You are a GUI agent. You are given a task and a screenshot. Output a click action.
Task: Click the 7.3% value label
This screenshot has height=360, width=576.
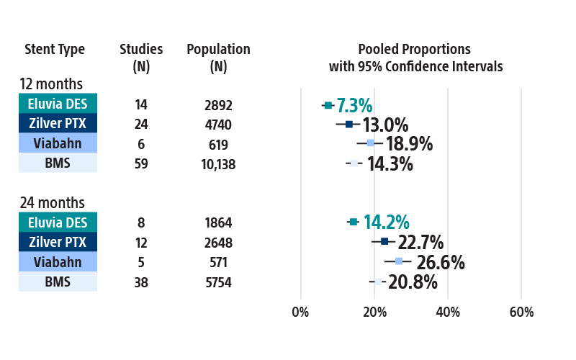coord(354,105)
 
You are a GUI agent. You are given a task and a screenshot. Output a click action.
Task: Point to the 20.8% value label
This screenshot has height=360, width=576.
coord(413,282)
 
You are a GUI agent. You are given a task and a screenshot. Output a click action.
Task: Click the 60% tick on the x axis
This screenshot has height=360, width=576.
coord(521,312)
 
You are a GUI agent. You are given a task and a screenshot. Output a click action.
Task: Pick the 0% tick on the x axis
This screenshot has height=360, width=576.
coord(300,312)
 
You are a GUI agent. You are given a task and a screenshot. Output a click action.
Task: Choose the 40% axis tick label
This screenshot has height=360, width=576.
coord(448,312)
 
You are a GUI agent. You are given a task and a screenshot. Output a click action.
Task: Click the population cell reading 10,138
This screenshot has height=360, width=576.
coord(218,164)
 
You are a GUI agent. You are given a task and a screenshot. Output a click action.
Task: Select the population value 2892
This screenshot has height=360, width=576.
coord(218,105)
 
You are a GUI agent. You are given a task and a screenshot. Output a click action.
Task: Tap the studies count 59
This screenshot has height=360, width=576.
coord(141,164)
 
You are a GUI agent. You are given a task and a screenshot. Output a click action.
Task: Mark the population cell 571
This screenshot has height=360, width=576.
coord(218,262)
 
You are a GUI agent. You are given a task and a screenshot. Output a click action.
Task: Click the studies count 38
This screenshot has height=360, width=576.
coord(141,282)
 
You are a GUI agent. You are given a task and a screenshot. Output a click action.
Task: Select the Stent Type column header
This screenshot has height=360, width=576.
coord(55,50)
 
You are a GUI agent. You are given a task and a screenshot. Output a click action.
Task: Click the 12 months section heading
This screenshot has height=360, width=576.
coord(51,84)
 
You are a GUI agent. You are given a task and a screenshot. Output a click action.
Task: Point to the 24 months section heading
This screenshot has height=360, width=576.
coord(51,203)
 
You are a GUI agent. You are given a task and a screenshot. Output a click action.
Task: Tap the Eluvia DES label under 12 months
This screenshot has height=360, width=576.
coord(58,104)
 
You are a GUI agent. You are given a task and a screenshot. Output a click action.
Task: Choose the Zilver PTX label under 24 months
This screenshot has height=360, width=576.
coord(58,242)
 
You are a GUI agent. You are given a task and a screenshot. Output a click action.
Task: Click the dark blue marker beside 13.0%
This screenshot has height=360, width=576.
coord(349,125)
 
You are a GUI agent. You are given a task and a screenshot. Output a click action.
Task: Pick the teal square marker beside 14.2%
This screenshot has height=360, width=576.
coord(353,222)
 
